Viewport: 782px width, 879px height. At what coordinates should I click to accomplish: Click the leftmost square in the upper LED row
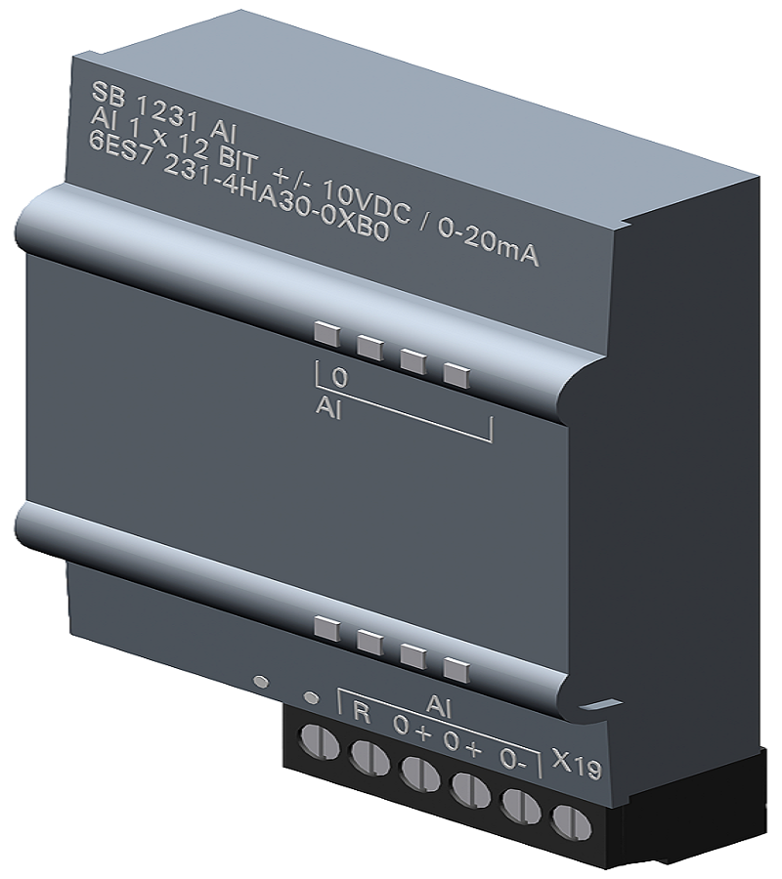(326, 334)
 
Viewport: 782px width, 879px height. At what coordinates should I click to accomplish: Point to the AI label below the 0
(328, 407)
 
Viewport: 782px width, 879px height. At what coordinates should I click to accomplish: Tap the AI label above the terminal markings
(439, 704)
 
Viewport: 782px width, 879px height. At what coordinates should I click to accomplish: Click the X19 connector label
(576, 760)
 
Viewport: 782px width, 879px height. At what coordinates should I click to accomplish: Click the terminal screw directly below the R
(369, 757)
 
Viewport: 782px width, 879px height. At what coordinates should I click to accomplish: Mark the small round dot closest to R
(311, 697)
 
